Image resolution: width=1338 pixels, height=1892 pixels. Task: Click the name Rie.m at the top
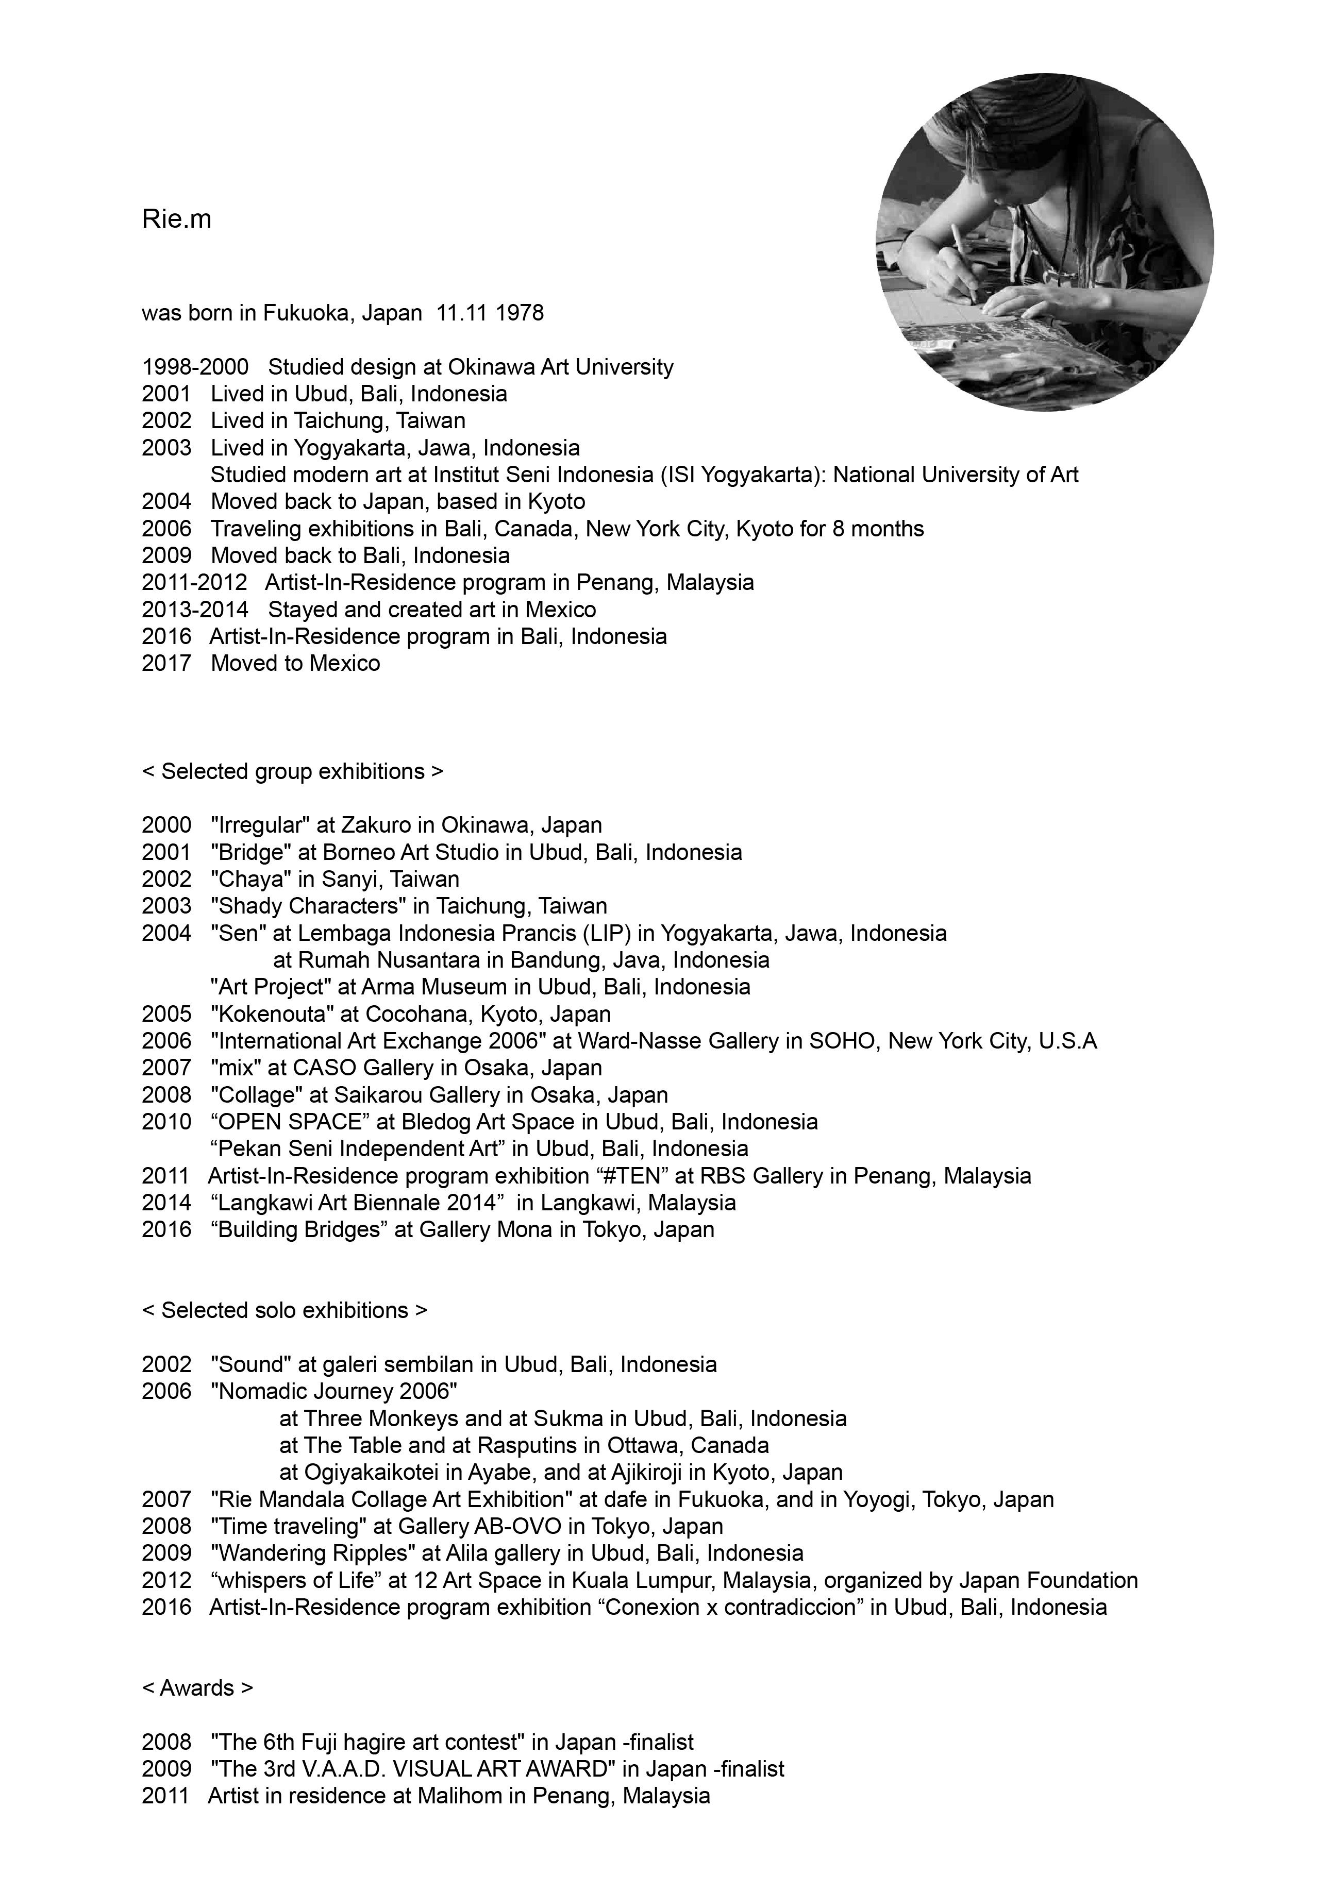point(176,220)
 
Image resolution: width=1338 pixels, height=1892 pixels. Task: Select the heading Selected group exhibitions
point(293,772)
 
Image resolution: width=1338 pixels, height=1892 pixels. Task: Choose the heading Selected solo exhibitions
point(285,1311)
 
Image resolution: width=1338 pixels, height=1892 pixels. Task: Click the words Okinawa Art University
point(561,367)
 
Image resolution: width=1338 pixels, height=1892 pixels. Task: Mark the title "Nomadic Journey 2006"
point(334,1392)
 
